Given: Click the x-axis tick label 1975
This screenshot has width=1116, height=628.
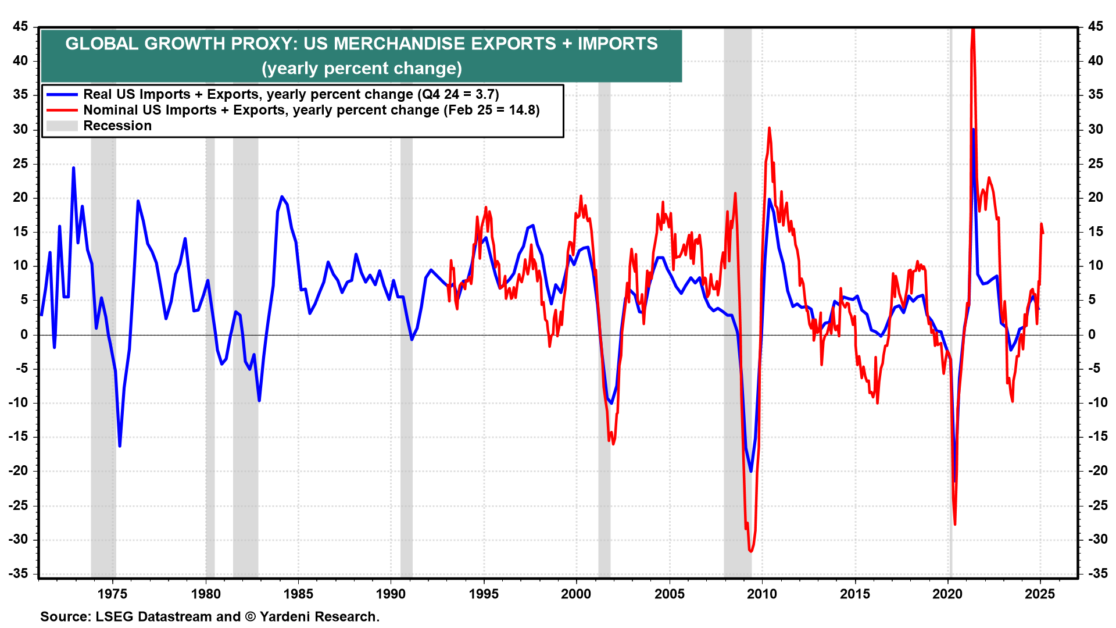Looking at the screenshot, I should pyautogui.click(x=113, y=594).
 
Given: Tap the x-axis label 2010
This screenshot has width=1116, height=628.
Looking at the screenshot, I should pyautogui.click(x=761, y=594).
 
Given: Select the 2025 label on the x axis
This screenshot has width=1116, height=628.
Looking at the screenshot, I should pyautogui.click(x=1040, y=594).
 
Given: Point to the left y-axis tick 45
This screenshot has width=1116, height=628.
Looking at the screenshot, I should pyautogui.click(x=20, y=27).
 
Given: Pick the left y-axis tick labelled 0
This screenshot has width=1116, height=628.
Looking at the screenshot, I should pyautogui.click(x=24, y=334).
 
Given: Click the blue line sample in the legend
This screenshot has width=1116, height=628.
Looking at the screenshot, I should pyautogui.click(x=62, y=95).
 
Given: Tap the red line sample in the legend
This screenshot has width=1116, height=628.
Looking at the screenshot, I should pyautogui.click(x=62, y=110).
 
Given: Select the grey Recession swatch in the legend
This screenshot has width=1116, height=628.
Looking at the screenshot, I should pyautogui.click(x=62, y=126).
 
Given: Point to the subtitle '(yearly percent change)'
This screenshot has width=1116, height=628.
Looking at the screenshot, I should pyautogui.click(x=362, y=69).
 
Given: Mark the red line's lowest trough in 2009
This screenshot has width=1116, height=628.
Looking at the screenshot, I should pyautogui.click(x=750, y=551).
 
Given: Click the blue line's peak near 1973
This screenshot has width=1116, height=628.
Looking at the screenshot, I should pyautogui.click(x=73, y=168).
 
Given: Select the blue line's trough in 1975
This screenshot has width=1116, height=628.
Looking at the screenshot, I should pyautogui.click(x=120, y=446).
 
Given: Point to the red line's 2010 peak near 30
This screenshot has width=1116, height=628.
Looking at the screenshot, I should pyautogui.click(x=769, y=128).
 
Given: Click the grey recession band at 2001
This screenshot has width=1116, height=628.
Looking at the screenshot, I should pyautogui.click(x=604, y=349).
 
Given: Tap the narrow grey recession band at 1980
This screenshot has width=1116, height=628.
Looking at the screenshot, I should pyautogui.click(x=210, y=349).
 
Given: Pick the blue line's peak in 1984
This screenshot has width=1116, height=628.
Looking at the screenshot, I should pyautogui.click(x=282, y=197).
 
